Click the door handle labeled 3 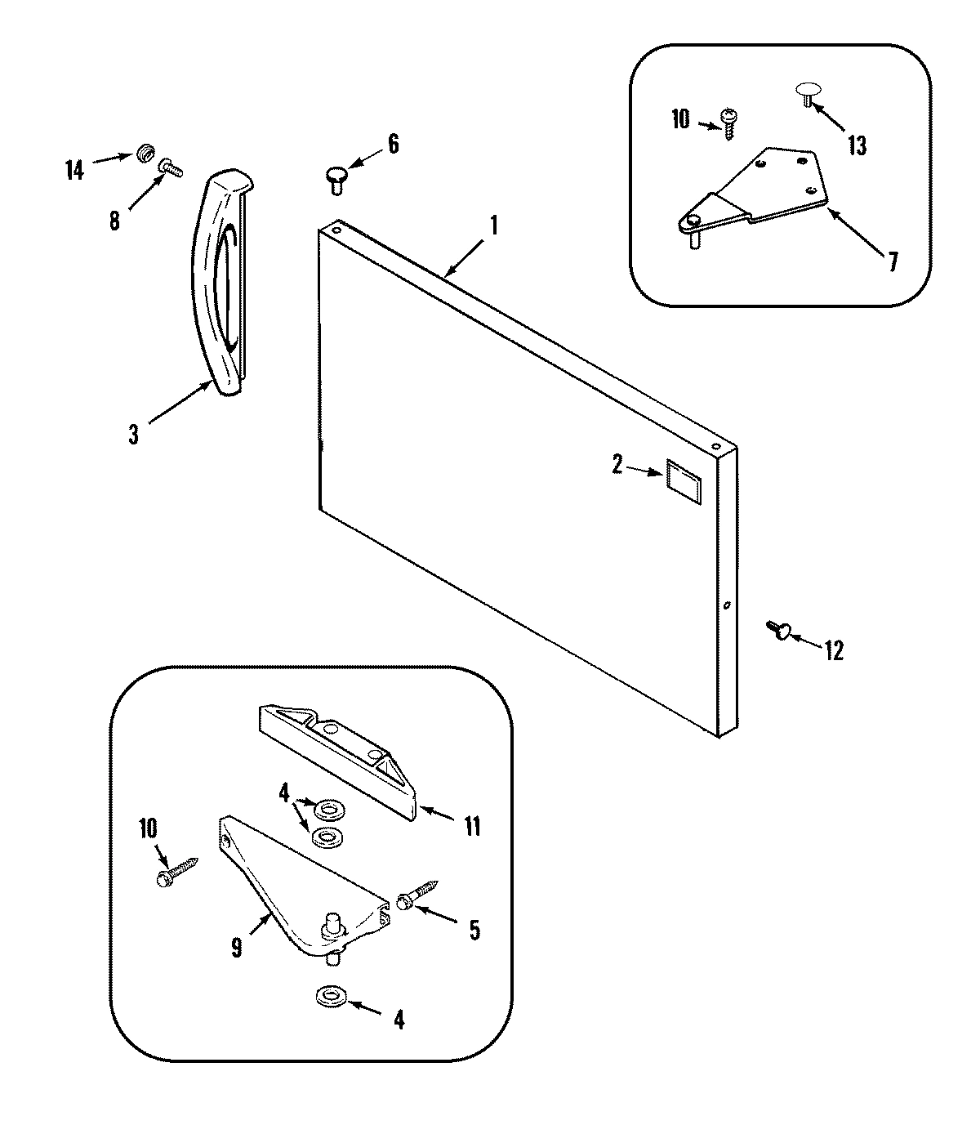coord(214,286)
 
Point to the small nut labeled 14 coord(146,152)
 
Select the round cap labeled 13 coord(807,92)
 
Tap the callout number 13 coord(856,146)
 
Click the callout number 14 coord(74,171)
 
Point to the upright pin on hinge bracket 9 coord(333,925)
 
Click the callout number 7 coord(892,261)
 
